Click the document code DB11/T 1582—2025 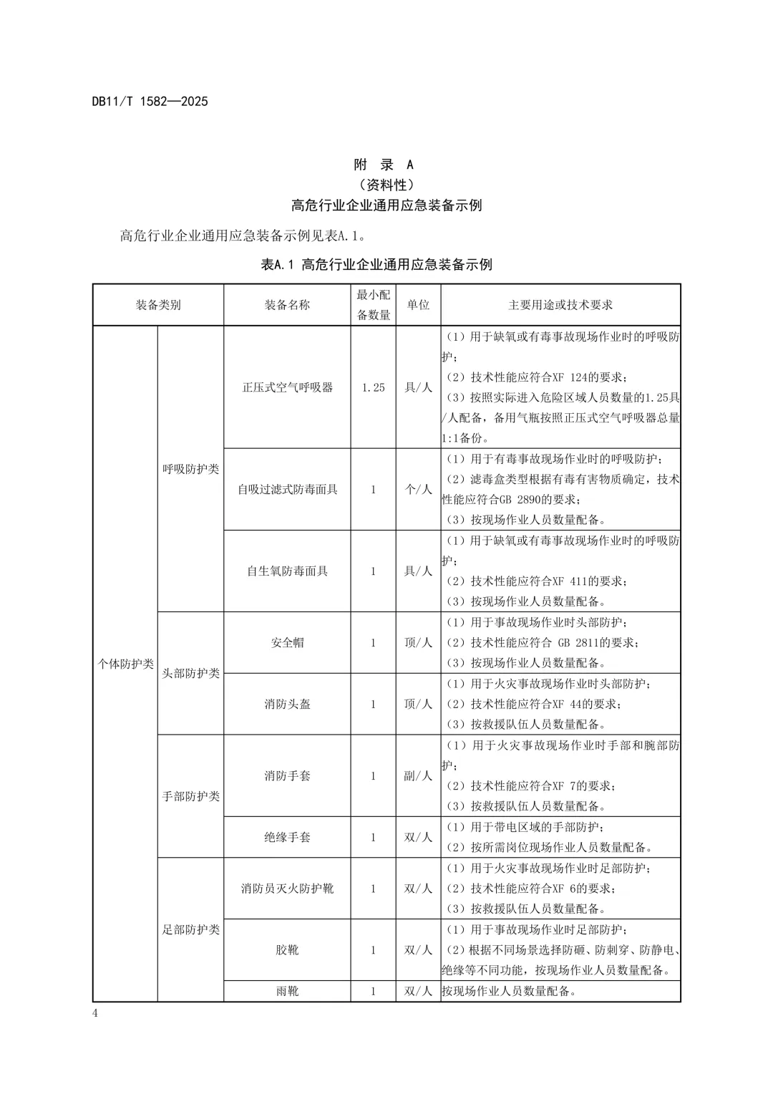tap(150, 102)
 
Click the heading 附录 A tap(384, 165)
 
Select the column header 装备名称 tap(287, 305)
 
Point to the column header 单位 tap(418, 305)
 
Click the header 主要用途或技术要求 tap(560, 305)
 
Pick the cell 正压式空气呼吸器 tap(287, 387)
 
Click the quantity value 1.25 tap(373, 387)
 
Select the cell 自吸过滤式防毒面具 tap(287, 490)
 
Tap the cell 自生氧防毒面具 tap(287, 571)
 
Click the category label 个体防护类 tap(125, 664)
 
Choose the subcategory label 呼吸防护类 tap(190, 470)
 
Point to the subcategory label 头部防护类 tap(190, 674)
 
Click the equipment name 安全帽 tap(287, 643)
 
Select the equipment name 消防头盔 tap(287, 705)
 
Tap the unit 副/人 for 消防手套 tap(418, 776)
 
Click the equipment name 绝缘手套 tap(287, 837)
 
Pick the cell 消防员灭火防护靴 tap(287, 889)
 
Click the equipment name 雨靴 tap(287, 992)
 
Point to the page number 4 tap(95, 1012)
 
